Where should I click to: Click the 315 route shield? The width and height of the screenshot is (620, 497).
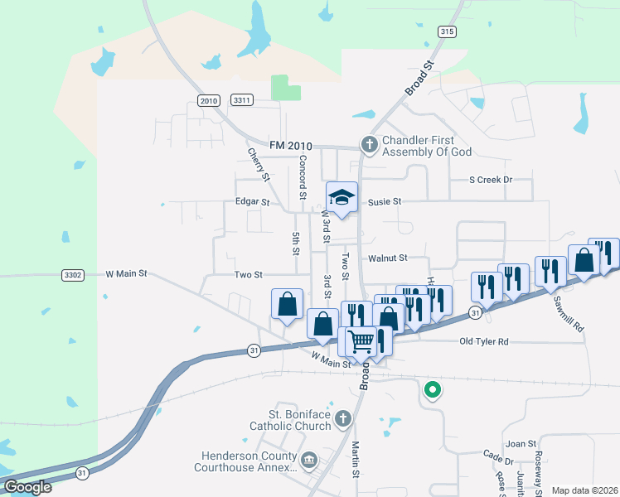click(447, 31)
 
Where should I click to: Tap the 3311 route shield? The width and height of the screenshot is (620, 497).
click(242, 100)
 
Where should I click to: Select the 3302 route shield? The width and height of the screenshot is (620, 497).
click(72, 274)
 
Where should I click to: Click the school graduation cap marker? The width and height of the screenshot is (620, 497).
click(341, 197)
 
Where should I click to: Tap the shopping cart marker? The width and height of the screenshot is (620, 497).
click(361, 340)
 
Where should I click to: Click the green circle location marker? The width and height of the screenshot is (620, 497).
click(432, 388)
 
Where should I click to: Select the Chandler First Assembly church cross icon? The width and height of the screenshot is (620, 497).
click(369, 146)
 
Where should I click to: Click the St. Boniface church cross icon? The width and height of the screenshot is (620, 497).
click(342, 421)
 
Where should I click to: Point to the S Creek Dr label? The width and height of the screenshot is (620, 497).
click(491, 180)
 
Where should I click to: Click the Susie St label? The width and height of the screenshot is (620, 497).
click(385, 201)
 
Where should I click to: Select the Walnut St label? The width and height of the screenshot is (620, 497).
click(388, 258)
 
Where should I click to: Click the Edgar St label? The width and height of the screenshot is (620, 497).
click(253, 201)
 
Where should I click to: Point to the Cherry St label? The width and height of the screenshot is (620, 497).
click(259, 165)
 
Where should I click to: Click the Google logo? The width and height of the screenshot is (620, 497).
click(27, 486)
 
